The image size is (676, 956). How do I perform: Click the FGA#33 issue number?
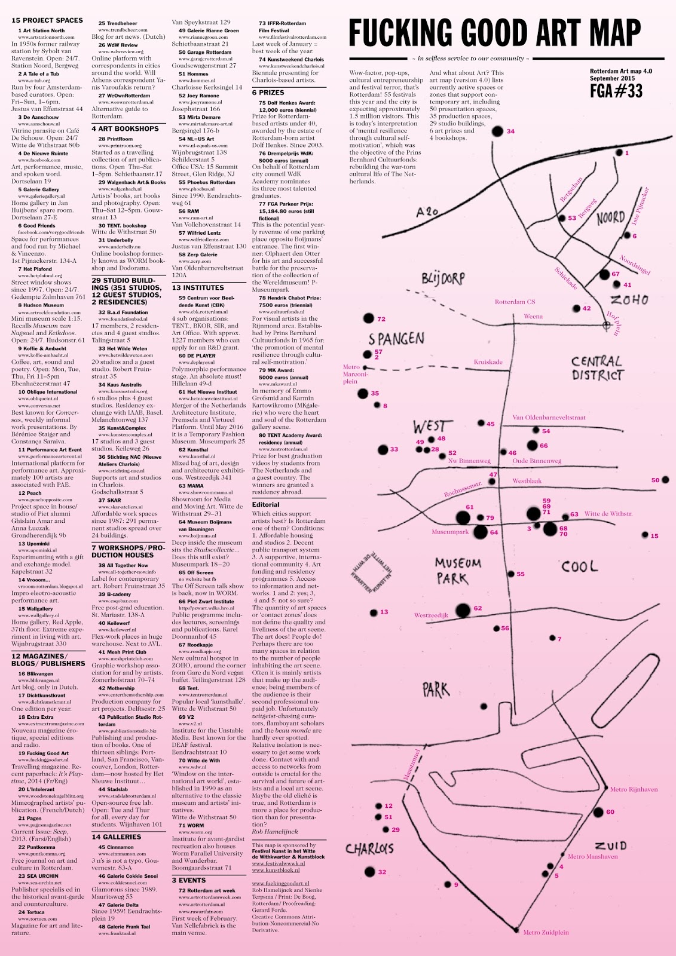tap(616, 90)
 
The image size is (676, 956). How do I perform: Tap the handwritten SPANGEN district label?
tap(396, 338)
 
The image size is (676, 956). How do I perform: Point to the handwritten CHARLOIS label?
tap(369, 848)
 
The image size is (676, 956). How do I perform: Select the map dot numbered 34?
tap(497, 131)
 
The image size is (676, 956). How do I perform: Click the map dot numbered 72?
tap(368, 319)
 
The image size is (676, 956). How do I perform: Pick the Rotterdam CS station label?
tap(515, 302)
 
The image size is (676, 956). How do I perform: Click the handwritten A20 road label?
tap(427, 211)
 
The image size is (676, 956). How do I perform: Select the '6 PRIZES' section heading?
tap(268, 93)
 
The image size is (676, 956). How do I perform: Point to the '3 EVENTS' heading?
tap(188, 880)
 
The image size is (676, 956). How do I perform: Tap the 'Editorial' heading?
tap(265, 504)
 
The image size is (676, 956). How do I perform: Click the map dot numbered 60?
tap(598, 812)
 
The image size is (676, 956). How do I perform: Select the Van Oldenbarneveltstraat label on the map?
tap(549, 418)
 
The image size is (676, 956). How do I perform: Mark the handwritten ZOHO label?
tap(629, 299)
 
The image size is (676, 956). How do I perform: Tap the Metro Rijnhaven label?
tap(634, 789)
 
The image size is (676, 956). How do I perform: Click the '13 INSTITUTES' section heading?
tap(198, 287)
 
